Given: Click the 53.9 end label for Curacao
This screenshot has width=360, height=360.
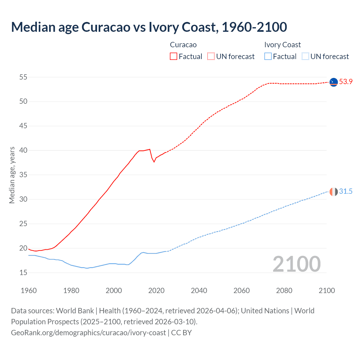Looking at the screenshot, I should click(346, 82).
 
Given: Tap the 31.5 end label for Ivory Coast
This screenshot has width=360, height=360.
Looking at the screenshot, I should click(346, 191).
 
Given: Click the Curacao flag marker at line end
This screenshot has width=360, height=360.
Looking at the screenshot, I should click(334, 82).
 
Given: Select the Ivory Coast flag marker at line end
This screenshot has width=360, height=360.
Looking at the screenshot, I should click(334, 192).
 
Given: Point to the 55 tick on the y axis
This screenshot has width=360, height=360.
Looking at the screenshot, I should click(23, 77).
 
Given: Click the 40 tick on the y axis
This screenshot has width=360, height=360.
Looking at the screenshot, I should click(23, 150).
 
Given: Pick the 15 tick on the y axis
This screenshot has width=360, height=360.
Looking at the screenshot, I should click(23, 273).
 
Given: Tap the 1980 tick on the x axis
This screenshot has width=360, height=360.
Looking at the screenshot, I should click(71, 291).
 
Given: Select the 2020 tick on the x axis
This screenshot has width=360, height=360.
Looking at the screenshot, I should click(156, 291).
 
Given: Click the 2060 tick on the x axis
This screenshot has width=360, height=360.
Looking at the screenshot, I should click(242, 291).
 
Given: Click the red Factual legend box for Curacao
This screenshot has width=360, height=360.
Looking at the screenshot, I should click(174, 56).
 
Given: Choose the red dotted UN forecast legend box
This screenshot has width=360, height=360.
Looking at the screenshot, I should click(211, 56).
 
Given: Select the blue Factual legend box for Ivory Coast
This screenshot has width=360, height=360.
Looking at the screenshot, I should click(268, 56).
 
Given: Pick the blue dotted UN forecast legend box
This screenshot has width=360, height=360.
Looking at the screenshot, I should click(305, 56).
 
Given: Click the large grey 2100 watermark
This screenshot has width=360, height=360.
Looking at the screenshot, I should click(296, 264).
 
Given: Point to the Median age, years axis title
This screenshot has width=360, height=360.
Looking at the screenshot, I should click(12, 175).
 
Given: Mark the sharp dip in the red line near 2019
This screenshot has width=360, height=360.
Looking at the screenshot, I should click(154, 162).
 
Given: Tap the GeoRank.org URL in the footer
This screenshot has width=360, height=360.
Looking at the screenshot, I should click(88, 332).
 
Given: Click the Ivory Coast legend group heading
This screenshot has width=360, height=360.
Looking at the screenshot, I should click(282, 45).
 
